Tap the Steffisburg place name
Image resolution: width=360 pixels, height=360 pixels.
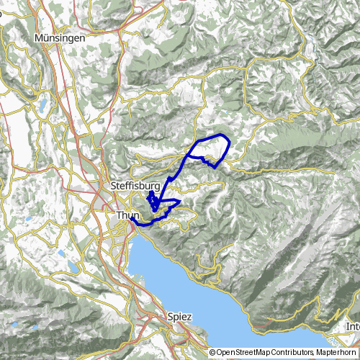[135, 186]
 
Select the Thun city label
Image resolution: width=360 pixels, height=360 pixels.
[125, 215]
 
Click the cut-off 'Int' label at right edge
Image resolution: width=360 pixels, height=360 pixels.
[353, 327]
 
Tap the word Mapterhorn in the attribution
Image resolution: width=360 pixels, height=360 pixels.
[335, 353]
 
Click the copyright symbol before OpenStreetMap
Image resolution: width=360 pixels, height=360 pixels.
[212, 353]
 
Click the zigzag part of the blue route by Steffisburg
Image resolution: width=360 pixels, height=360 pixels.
[152, 199]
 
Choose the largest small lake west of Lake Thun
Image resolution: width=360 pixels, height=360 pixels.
[74, 267]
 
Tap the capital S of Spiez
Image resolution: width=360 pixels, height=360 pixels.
[169, 316]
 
